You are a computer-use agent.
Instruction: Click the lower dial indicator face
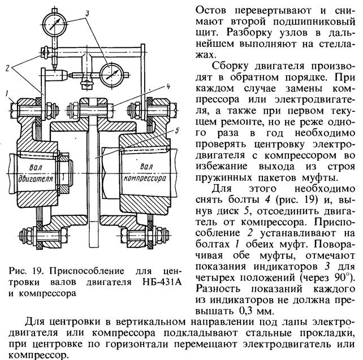(x=113, y=73)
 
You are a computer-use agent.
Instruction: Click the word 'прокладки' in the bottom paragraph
(x=328, y=332)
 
